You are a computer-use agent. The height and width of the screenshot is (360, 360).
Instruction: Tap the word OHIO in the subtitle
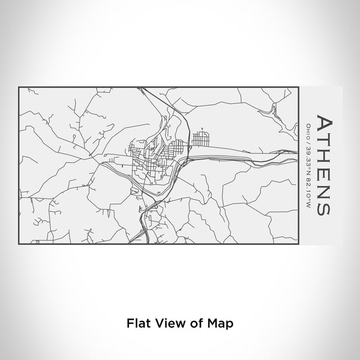(x=308, y=130)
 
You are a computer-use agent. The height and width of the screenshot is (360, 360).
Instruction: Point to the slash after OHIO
(x=308, y=139)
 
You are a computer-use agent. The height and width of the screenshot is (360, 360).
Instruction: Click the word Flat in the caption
(x=137, y=322)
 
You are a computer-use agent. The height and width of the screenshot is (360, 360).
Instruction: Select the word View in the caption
(x=167, y=322)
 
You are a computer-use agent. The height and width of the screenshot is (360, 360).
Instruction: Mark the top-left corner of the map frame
(x=19, y=88)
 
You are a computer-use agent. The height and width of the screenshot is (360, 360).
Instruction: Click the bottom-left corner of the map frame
(x=19, y=244)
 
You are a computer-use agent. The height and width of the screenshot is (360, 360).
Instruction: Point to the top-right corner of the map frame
(x=298, y=88)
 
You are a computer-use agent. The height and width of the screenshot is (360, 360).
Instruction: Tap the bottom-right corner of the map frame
(x=298, y=244)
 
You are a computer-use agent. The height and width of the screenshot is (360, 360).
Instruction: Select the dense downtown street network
(x=153, y=159)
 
